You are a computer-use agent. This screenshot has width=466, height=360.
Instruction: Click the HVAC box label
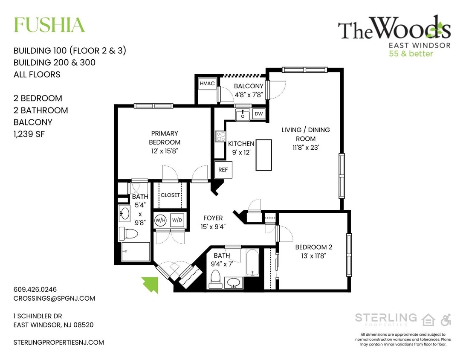coord(207,84)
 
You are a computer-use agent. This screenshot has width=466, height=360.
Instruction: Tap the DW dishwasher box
coord(258,114)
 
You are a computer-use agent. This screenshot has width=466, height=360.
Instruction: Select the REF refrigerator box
coord(223,169)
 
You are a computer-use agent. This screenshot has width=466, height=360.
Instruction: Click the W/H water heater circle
coord(160,220)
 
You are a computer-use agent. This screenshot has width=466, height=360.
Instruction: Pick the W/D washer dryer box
coord(177,220)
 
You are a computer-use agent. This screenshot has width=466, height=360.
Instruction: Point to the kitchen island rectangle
coord(263,155)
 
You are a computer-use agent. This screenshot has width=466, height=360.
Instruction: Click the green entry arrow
coord(151,284)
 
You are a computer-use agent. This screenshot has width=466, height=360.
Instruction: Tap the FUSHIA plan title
coord(49,25)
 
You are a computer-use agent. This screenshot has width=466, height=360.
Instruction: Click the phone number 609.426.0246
coord(35,289)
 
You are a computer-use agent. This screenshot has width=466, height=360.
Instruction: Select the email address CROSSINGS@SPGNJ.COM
coord(54,299)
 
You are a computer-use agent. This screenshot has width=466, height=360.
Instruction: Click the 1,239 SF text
coord(29,134)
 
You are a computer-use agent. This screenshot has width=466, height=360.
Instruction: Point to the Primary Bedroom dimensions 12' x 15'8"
coord(165,151)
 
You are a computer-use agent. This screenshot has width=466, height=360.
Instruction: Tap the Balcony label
coord(249,86)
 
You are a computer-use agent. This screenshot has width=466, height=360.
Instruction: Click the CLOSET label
coord(170,195)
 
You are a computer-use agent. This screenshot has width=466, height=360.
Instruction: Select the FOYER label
coord(213,218)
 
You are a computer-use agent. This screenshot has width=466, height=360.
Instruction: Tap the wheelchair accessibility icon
coord(446,319)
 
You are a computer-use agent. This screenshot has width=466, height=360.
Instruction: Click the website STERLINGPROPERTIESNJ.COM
coord(59,342)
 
